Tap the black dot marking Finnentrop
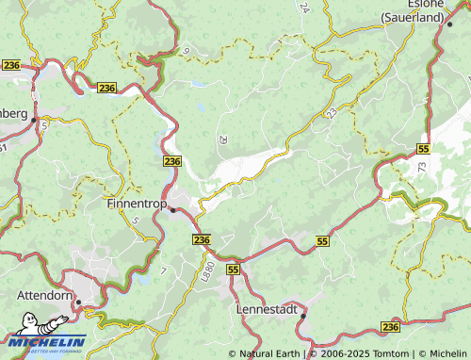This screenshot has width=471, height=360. pos(172,210)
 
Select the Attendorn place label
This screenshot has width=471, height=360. pos(46,295)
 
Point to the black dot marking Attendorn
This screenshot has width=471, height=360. pos(79,303)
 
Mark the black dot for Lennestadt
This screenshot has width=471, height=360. pos(300,317)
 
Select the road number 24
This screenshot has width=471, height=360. pos(303,8)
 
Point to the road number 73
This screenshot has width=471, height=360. pos(420,167)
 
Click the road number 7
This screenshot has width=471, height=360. pos(164,271)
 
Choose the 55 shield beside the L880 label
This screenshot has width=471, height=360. pos(233,270)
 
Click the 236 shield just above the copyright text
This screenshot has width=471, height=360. pos(391,326)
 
